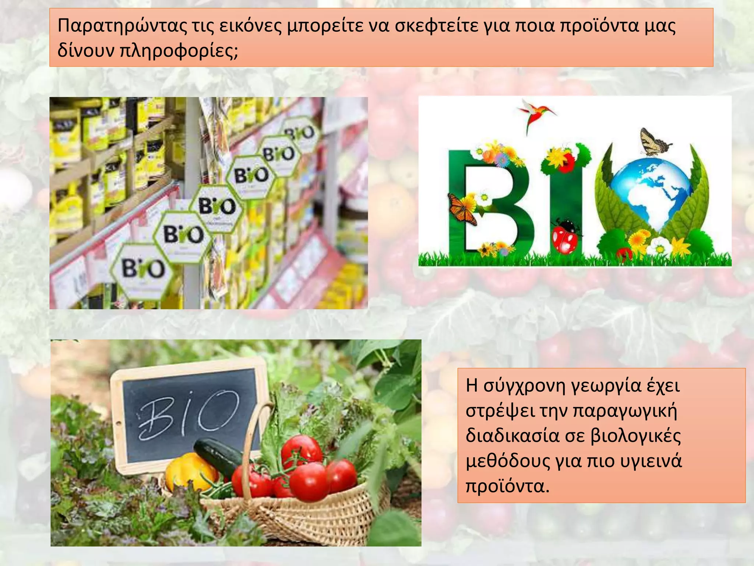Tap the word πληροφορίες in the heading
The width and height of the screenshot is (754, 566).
179,51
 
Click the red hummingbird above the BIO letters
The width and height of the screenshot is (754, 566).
536,112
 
